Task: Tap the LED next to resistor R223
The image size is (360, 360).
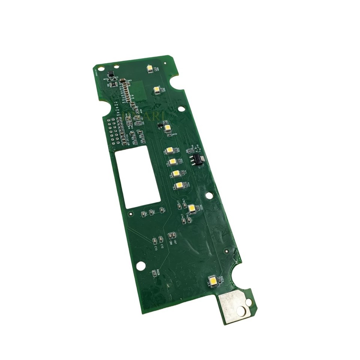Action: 213,280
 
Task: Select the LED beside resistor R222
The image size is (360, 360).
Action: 192,208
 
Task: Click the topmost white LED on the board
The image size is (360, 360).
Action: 150,68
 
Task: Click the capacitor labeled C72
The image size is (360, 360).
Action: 161,239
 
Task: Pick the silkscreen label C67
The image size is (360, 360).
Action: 175,242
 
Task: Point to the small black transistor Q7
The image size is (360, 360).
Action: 160,124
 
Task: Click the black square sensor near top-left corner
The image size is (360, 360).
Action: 110,74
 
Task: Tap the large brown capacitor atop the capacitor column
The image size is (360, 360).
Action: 122,80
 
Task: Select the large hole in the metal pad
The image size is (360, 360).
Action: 240,310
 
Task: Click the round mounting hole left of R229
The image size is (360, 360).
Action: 140,266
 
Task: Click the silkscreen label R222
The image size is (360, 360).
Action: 201,207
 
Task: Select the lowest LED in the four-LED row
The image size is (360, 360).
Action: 179,185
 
